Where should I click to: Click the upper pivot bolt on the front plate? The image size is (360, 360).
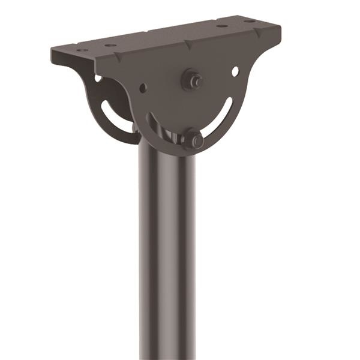193,79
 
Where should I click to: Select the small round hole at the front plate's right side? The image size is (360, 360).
235,71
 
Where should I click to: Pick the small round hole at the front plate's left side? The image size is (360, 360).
143,88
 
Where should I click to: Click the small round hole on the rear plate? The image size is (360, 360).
98,77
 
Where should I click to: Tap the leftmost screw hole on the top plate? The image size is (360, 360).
82,50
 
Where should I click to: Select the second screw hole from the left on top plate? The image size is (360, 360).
110,45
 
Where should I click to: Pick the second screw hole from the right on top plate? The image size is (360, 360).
222,26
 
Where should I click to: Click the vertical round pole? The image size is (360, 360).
167,252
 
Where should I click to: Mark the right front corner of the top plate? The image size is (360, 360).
279,30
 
